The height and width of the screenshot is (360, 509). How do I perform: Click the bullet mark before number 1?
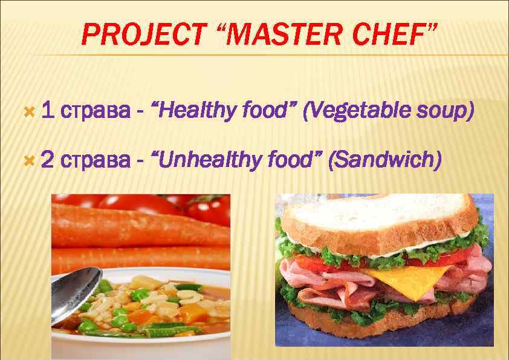pos(27,111)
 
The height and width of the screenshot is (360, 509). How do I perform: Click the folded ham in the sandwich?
pos(326,284)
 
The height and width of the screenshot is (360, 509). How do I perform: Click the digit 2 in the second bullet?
pos(49,160)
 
